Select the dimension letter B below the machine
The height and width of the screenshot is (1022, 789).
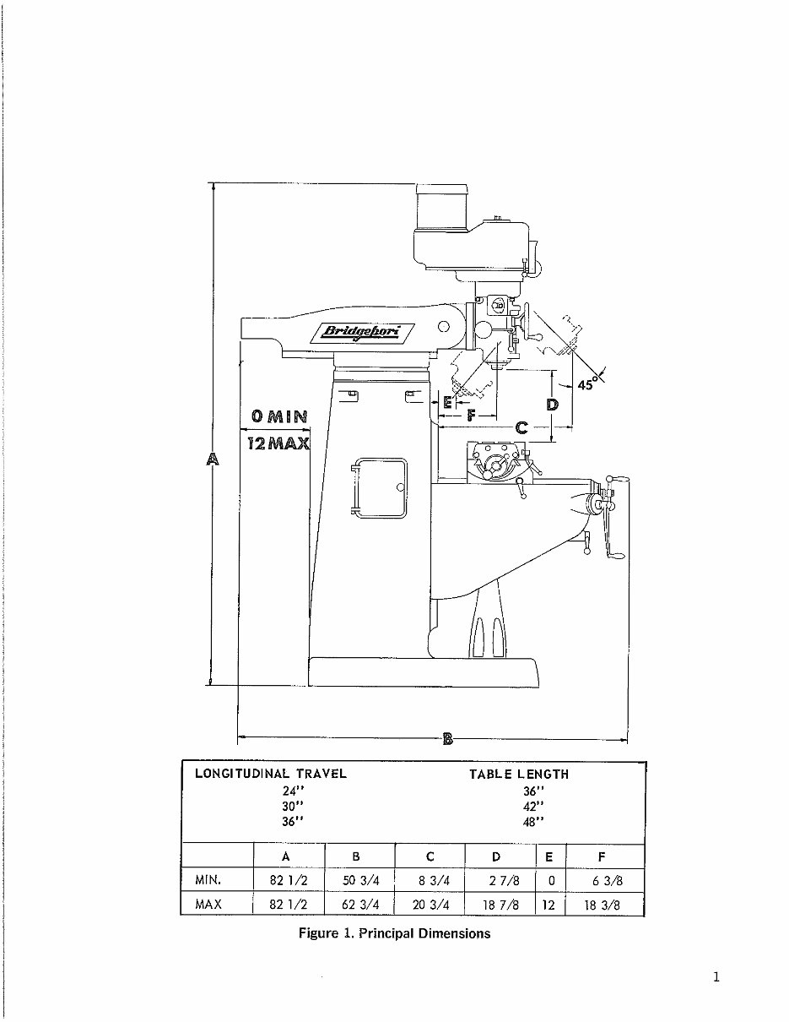[x=448, y=741]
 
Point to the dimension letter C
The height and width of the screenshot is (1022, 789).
[x=521, y=428]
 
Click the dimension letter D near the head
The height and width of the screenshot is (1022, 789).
[x=552, y=405]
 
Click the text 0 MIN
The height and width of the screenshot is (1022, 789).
[x=278, y=416]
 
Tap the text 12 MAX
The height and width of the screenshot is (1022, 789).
[x=278, y=442]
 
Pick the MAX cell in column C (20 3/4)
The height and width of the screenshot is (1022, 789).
[x=430, y=905]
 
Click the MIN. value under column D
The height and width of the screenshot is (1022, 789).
[x=502, y=881]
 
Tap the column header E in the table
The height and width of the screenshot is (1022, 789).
[x=549, y=856]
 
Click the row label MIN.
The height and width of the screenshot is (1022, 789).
[x=208, y=880]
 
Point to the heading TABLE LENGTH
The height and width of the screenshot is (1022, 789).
[x=519, y=774]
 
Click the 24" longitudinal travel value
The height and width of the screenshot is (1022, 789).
[x=293, y=791]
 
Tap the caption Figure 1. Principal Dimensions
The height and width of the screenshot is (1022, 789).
[x=394, y=933]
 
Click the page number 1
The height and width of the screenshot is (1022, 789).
[x=716, y=978]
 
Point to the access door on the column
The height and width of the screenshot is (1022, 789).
[x=380, y=487]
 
